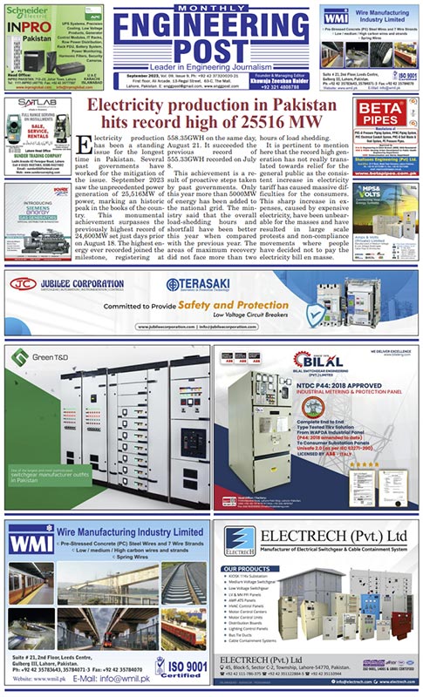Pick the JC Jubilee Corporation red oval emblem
pyautogui.click(x=25, y=284)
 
